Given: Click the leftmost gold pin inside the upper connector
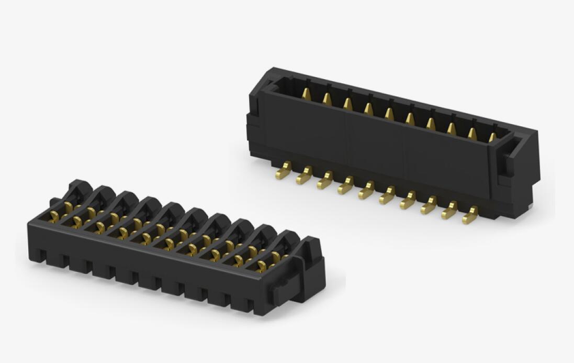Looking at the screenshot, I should click(x=306, y=93).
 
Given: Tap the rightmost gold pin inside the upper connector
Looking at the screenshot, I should click(x=492, y=137).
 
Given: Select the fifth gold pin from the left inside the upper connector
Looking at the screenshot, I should click(x=389, y=113).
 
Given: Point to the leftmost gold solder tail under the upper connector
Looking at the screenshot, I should click(x=284, y=171).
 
